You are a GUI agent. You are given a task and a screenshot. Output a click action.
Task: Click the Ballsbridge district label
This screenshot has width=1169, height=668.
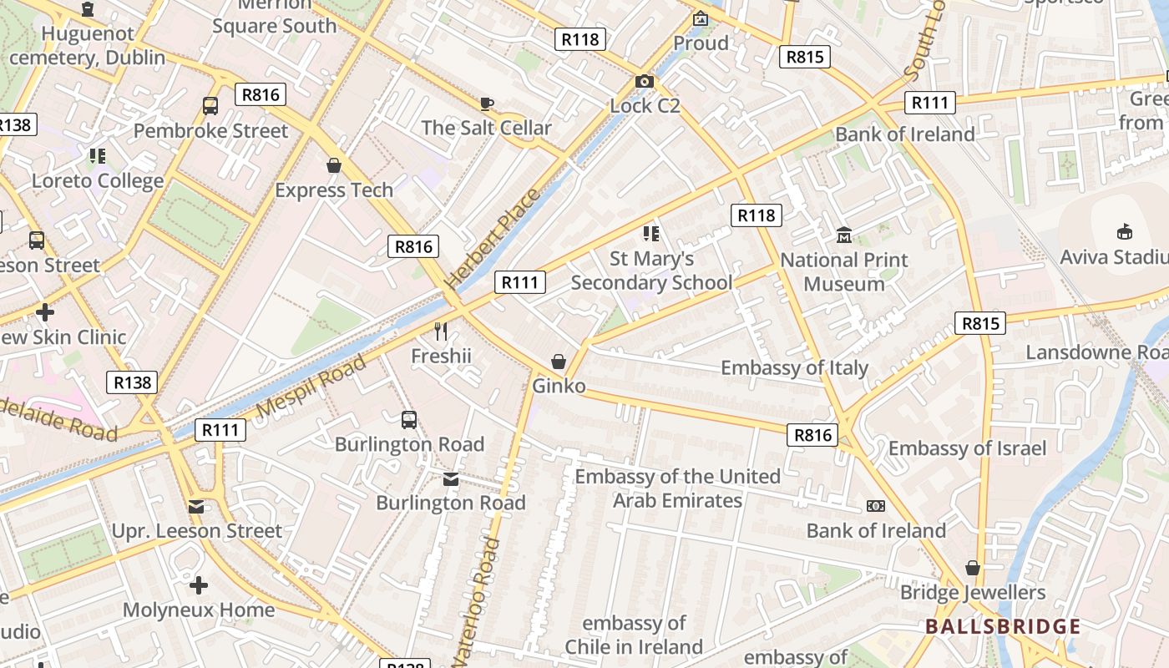(1003, 626)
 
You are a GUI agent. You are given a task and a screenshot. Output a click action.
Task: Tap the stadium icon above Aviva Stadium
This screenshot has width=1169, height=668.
(1125, 231)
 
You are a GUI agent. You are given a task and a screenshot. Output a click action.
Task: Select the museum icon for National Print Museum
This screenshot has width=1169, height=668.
(843, 235)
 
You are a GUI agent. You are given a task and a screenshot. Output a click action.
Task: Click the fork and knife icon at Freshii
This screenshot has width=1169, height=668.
(441, 331)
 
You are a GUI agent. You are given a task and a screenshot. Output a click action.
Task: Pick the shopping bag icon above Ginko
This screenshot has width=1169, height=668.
(559, 362)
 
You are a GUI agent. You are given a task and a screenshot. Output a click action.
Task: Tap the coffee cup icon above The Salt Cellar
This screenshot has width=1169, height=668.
(487, 104)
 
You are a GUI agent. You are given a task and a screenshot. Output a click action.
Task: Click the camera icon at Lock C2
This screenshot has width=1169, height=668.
(644, 81)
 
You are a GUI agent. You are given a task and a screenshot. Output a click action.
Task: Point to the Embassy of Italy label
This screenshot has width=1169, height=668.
(794, 367)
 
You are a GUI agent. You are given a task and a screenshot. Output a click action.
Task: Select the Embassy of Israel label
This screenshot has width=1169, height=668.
(966, 448)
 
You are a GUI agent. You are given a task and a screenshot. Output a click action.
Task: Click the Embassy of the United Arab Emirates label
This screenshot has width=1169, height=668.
(677, 488)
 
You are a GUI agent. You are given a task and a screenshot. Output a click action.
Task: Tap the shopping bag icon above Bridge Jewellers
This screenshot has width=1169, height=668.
(972, 568)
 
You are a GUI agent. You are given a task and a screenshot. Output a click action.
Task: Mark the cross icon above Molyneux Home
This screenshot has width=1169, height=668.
(198, 584)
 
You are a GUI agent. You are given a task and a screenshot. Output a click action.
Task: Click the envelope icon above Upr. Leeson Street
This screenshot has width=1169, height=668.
(196, 506)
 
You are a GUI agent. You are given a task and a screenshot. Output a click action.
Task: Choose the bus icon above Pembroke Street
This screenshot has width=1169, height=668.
(210, 106)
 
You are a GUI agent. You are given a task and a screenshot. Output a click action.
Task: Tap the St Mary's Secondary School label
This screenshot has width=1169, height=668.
(651, 271)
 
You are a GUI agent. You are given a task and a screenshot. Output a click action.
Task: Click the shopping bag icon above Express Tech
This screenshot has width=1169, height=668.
(334, 165)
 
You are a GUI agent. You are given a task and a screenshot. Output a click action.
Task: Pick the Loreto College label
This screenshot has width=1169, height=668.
(98, 180)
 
